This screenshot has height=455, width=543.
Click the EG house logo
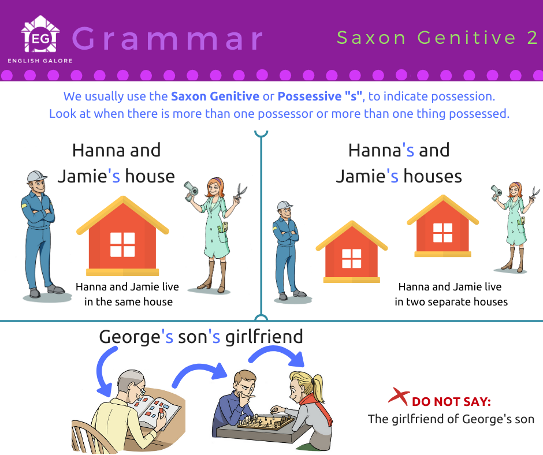[x=40, y=34]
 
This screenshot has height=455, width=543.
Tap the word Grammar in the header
[x=168, y=39]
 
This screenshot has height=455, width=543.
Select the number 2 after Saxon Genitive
[x=532, y=38]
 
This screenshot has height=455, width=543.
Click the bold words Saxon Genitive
[x=215, y=96]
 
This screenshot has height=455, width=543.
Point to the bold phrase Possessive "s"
[x=320, y=96]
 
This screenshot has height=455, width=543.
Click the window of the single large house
[x=122, y=244]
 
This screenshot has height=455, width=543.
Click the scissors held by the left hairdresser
[x=240, y=192]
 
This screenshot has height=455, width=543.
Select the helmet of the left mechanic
[x=36, y=176]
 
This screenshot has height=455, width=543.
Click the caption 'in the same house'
[x=128, y=301]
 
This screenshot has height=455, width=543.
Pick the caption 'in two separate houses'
[x=451, y=301]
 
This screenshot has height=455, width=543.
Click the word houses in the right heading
[x=433, y=176]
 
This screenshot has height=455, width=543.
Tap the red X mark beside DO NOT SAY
[x=399, y=396]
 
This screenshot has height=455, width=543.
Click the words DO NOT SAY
[x=452, y=402]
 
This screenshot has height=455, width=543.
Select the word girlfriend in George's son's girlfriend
[x=264, y=337]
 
